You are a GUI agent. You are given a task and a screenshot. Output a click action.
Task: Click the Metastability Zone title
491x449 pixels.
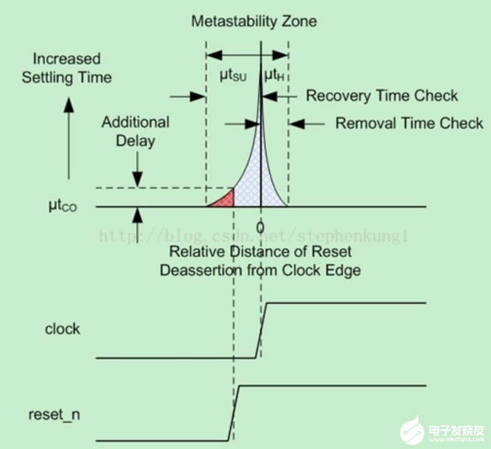254,21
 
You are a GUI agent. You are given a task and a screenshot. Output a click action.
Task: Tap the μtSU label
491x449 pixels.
233,76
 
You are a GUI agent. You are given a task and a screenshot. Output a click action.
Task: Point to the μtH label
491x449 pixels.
274,76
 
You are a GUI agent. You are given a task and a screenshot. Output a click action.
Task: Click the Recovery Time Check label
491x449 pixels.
382,96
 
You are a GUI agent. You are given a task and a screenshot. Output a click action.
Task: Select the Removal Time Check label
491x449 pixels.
409,123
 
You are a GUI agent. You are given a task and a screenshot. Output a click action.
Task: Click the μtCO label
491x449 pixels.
63,206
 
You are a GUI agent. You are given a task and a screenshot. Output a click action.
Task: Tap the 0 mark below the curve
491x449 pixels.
260,227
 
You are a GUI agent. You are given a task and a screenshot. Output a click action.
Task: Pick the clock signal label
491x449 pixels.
62,329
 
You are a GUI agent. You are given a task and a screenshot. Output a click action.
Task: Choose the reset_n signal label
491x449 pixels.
54,414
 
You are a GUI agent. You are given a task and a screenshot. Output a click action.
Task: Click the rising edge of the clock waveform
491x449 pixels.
261,330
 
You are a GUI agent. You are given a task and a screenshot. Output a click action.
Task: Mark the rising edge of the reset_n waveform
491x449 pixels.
234,413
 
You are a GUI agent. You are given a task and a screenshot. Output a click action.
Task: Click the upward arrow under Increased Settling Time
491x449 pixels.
69,138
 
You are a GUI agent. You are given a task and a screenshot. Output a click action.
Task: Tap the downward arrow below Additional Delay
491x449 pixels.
137,169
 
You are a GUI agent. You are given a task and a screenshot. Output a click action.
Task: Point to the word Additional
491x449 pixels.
135,122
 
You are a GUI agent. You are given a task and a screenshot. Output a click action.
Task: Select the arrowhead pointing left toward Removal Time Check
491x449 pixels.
296,124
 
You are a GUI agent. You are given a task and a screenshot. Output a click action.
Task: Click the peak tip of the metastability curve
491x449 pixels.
261,64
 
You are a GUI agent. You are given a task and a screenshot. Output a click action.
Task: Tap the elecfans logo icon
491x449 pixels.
412,430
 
